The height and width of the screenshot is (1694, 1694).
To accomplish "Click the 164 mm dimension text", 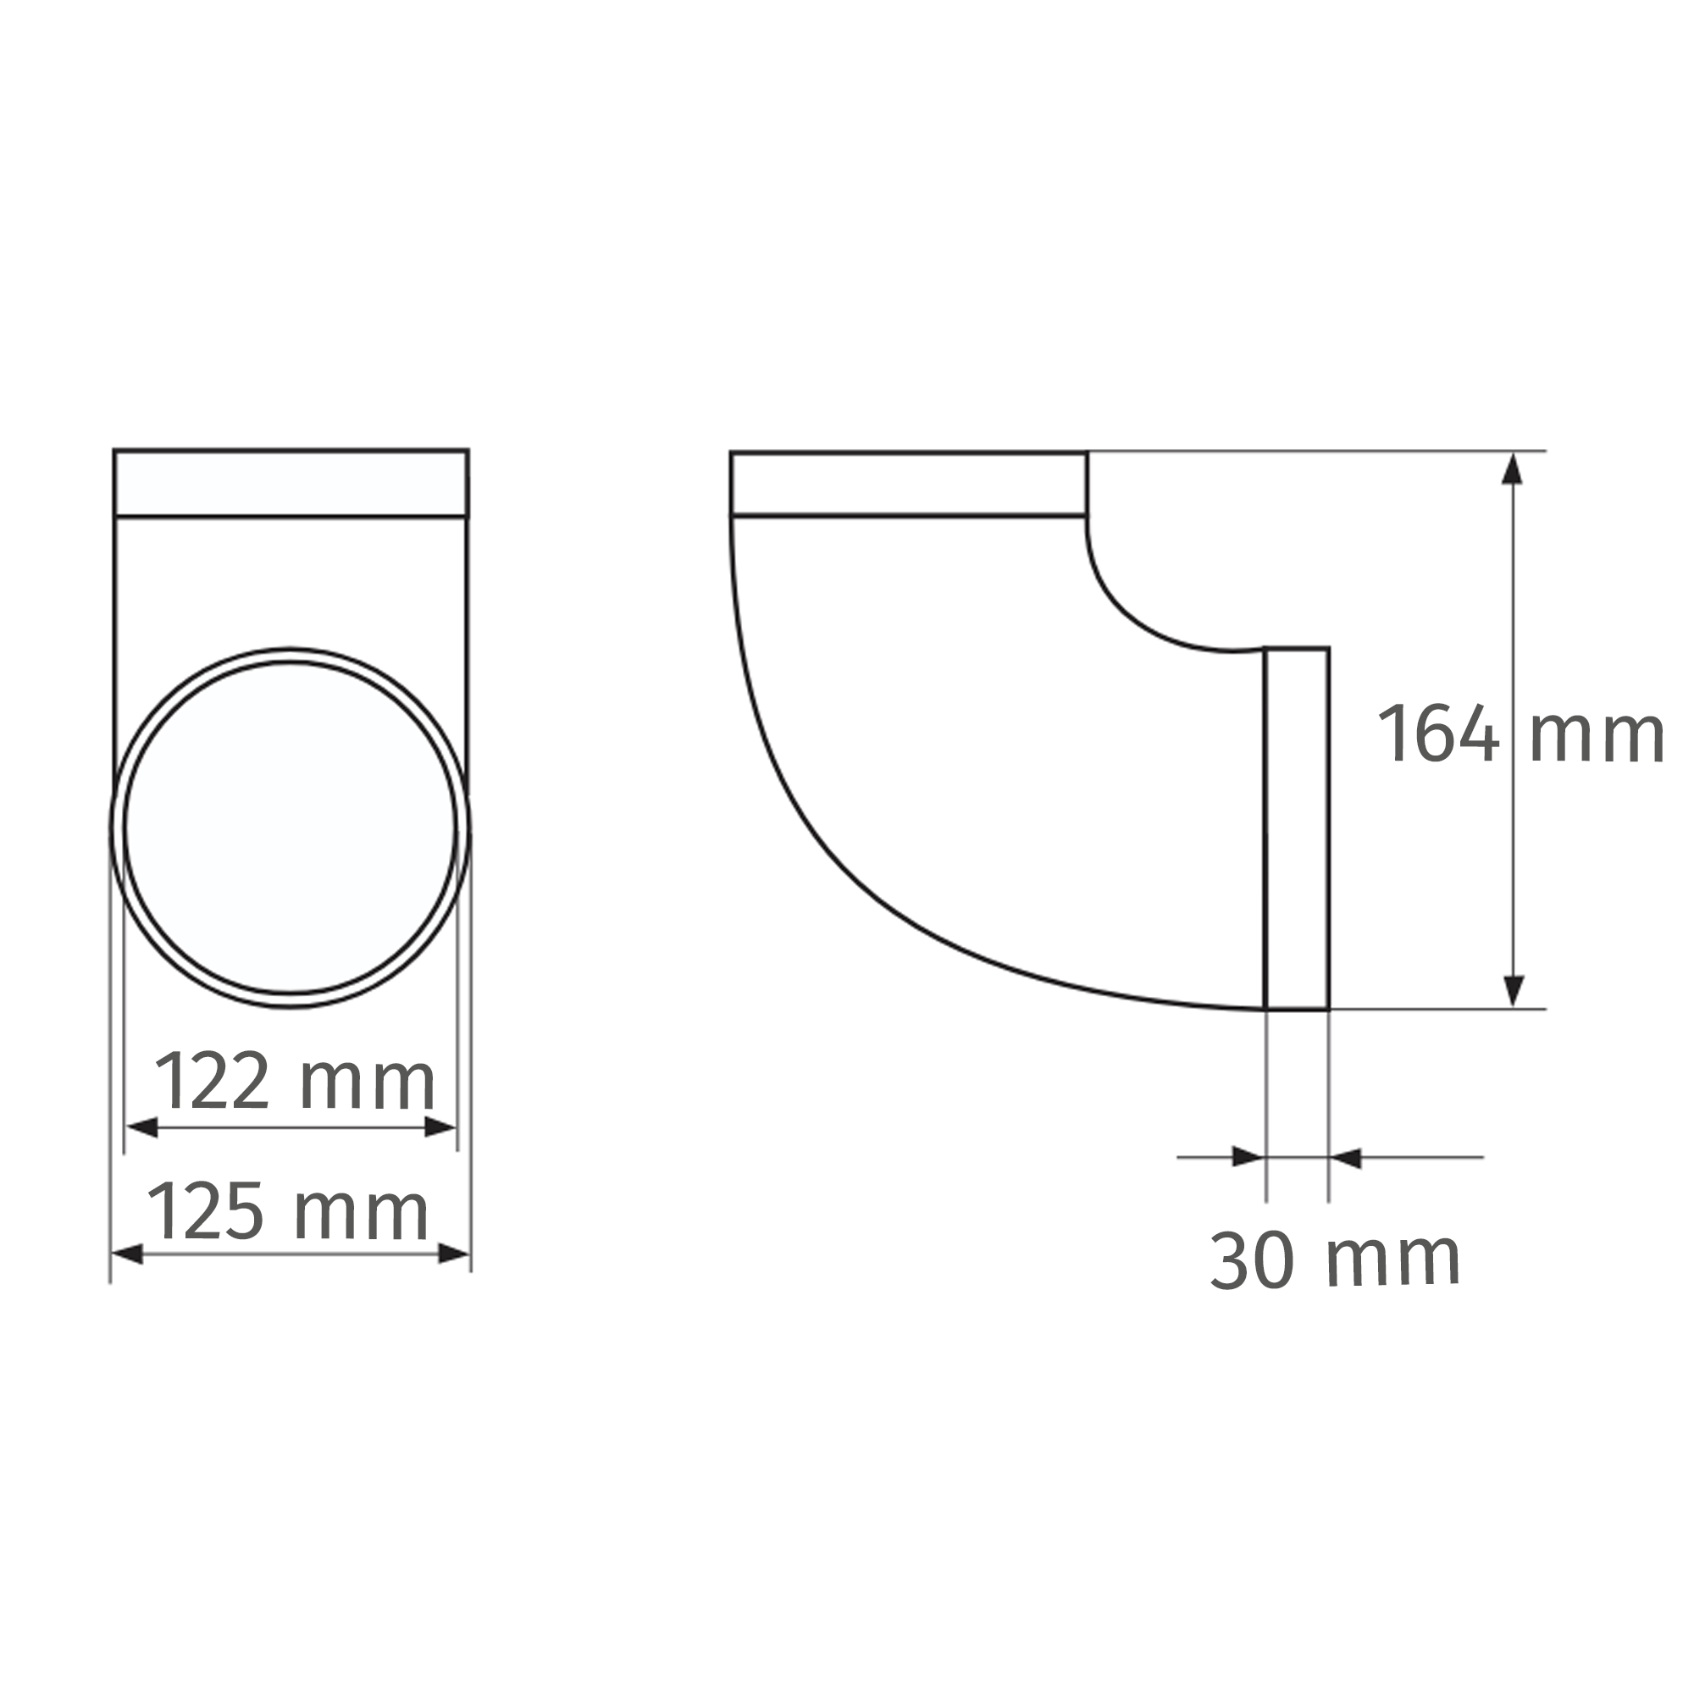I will coord(1521,734).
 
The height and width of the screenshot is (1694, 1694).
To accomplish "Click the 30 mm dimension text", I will coord(1335,1260).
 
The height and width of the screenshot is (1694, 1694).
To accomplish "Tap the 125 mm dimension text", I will coord(289,1211).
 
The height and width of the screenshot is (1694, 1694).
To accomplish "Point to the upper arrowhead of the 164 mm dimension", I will coord(1512,469).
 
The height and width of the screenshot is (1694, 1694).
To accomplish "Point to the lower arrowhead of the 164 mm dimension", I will coord(1513,991).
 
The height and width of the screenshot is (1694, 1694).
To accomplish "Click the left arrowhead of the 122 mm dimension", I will coord(143,1127).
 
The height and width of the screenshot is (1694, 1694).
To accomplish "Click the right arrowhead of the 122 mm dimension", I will coord(440,1127).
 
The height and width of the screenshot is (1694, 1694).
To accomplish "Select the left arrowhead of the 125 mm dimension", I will coord(128,1254).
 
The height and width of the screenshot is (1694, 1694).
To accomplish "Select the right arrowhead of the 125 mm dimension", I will coord(453,1254).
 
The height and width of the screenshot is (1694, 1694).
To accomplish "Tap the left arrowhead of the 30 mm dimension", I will coord(1248,1156).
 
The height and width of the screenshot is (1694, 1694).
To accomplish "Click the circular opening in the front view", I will coord(291,828).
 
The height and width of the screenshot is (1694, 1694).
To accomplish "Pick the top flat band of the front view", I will coord(291,483).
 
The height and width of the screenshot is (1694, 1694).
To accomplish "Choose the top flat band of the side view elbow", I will coord(908,483).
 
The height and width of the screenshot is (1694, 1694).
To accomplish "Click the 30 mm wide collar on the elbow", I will coord(1297,828).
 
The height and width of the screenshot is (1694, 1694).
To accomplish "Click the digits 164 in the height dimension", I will coord(1439,734).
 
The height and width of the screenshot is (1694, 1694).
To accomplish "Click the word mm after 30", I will coord(1392,1260).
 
